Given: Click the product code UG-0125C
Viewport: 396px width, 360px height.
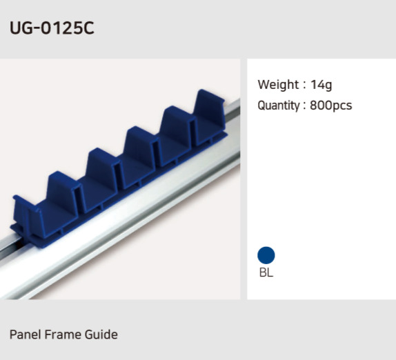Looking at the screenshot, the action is click(x=52, y=28).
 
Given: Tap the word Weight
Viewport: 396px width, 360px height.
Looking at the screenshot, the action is click(x=278, y=85).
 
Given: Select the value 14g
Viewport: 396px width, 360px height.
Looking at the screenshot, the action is click(x=321, y=85).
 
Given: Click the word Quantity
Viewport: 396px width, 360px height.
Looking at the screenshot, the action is click(x=279, y=106).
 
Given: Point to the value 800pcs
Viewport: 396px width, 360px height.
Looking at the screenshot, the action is click(x=331, y=106).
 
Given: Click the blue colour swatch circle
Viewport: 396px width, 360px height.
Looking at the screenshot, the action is click(x=266, y=255).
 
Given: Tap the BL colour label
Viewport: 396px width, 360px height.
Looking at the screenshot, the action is click(x=266, y=272).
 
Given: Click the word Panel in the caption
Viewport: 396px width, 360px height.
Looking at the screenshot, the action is click(x=25, y=334).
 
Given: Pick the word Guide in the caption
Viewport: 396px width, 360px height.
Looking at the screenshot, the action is click(x=101, y=334).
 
